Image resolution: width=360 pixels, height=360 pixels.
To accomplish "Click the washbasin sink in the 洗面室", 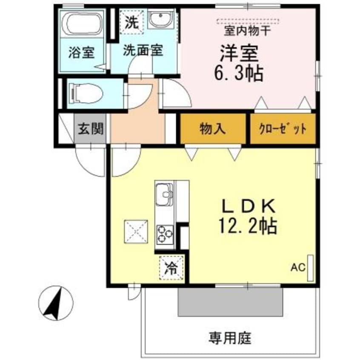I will point(160,20).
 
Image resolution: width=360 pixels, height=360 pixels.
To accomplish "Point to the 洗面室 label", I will point(143,51).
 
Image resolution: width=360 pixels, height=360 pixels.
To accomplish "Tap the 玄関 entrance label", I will point(90,128).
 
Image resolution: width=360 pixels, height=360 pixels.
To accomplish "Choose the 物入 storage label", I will point(212,129).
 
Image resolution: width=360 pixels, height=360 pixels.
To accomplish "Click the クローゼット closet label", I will point(283,129).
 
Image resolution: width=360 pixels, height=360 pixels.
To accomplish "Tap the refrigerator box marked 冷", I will point(172,268).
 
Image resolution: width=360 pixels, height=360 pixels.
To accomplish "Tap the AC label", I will point(298,268).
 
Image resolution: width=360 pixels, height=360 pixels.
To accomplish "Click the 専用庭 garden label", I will point(230,338).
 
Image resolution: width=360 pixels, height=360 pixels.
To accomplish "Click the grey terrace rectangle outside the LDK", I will point(230,302).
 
